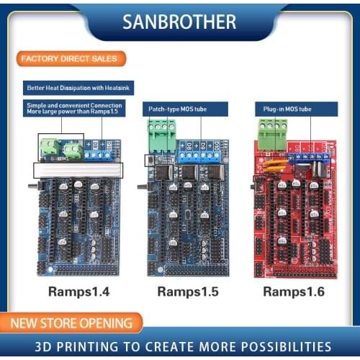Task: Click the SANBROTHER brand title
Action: [x=180, y=22]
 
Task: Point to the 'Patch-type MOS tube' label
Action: [x=184, y=109]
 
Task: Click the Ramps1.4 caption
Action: [x=78, y=292]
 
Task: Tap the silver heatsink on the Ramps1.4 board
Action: [x=78, y=170]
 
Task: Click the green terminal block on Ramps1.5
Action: [x=161, y=135]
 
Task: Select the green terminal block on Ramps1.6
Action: [x=272, y=134]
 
